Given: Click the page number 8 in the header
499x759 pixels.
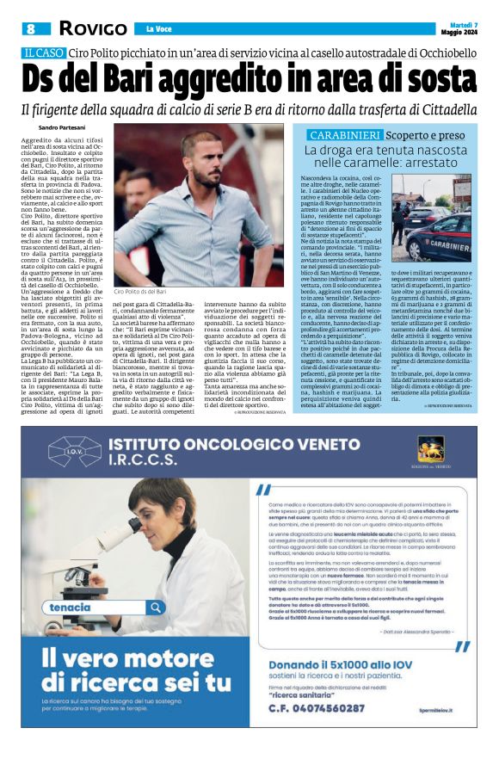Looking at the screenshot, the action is [x=31, y=28].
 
